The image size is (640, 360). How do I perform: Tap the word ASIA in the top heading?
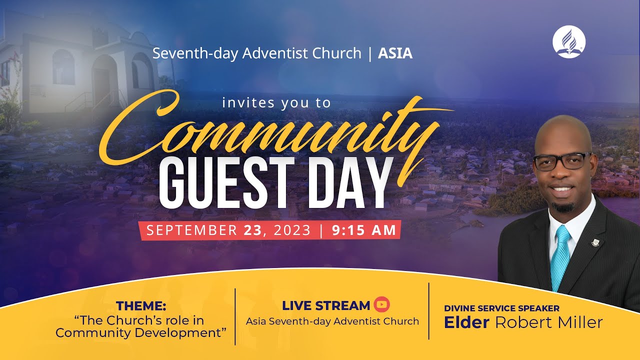[395, 53]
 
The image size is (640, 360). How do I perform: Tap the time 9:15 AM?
[363, 230]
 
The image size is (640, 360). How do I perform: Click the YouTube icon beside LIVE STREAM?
[381, 304]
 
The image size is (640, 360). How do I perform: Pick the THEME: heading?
[141, 306]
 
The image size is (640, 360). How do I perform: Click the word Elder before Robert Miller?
[466, 322]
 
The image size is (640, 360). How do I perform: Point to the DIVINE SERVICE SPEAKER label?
[501, 308]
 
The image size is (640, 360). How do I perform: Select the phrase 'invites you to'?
[276, 103]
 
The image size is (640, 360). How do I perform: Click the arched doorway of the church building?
[103, 80]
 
